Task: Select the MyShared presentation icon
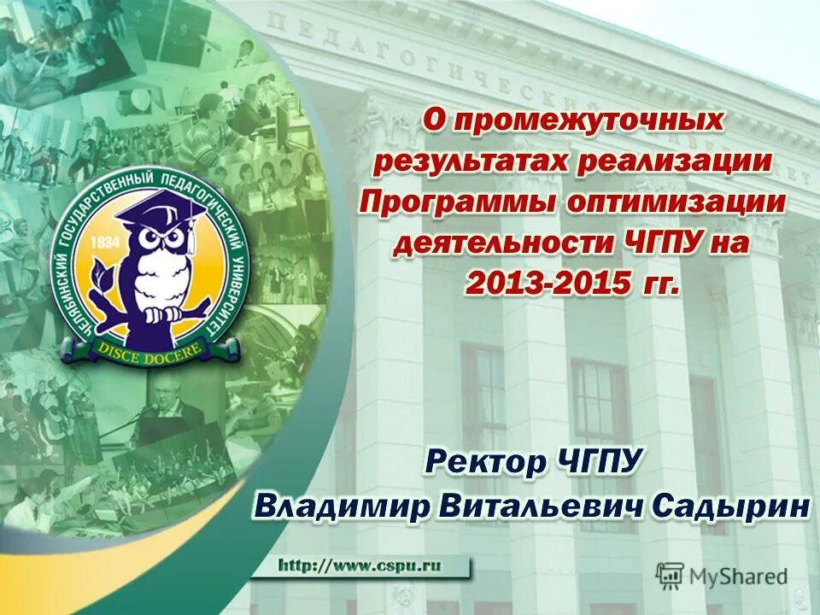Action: [670, 576]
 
